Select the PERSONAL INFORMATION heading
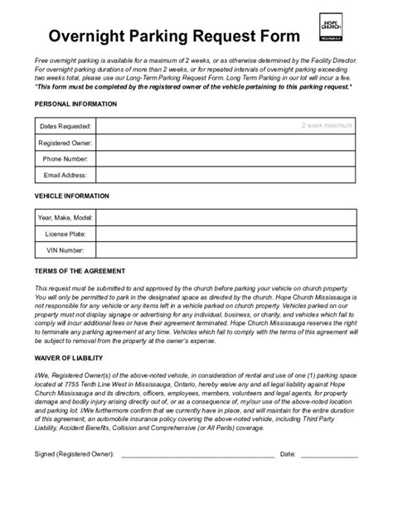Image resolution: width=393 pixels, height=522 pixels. (75, 104)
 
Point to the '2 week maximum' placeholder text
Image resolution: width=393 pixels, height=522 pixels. (327, 126)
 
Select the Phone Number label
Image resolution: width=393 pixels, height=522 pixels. (65, 158)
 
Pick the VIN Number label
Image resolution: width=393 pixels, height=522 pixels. (65, 249)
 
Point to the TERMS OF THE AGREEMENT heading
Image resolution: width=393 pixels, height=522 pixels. (80, 271)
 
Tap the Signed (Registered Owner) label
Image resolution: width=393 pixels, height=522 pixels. (75, 454)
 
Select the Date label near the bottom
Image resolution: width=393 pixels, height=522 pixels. (289, 454)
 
